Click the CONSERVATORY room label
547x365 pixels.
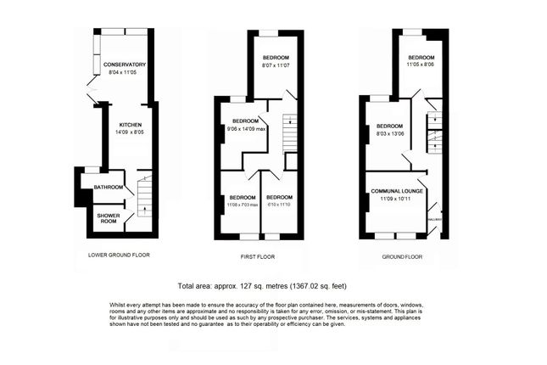(125, 65)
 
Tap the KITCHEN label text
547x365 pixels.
(131, 125)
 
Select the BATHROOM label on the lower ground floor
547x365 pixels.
(109, 187)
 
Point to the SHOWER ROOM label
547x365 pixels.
(108, 217)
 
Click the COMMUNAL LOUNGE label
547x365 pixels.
(396, 192)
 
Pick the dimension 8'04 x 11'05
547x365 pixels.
(125, 73)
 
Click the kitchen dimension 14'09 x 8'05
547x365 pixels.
(131, 132)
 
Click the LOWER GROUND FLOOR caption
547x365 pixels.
(119, 255)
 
